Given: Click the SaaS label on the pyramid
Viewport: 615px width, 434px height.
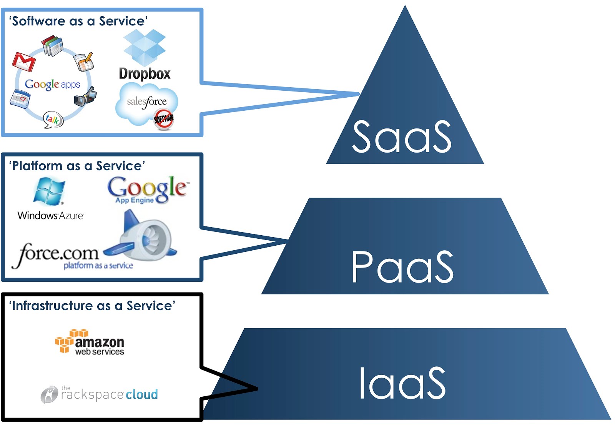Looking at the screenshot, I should [x=402, y=137].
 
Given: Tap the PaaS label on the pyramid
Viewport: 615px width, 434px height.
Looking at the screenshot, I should [x=402, y=267].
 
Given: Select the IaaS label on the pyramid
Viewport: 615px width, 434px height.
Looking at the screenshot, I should [x=402, y=383].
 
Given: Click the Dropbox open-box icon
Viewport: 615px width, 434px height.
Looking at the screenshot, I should [x=144, y=48].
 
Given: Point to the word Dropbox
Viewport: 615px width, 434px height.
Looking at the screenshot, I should [x=145, y=73].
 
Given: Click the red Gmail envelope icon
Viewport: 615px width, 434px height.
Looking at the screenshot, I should [x=23, y=62].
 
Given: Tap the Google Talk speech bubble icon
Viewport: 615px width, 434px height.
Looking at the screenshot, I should [x=53, y=120].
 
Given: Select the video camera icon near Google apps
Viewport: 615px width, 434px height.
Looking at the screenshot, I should [x=85, y=96].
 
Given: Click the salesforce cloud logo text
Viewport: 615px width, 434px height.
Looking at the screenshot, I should [x=147, y=102].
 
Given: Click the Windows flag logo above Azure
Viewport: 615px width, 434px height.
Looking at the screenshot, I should [x=49, y=191].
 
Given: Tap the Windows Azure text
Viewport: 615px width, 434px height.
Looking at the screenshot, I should [x=50, y=216].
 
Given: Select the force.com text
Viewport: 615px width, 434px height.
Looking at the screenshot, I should [x=56, y=254].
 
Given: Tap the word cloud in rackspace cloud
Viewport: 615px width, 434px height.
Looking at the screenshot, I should [x=142, y=394].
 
